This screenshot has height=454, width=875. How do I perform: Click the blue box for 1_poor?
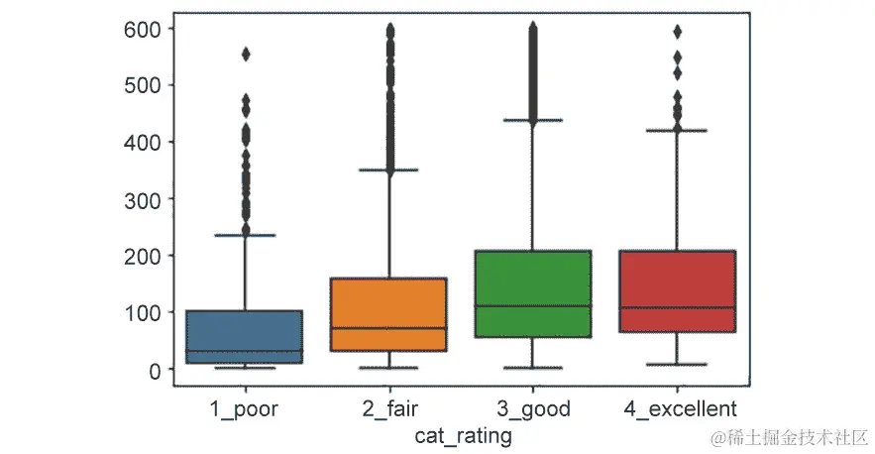pyautogui.click(x=245, y=337)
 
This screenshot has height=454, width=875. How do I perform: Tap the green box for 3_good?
pyautogui.click(x=533, y=293)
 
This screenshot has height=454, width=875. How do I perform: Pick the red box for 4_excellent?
pyautogui.click(x=678, y=291)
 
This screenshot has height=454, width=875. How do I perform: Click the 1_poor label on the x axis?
pyautogui.click(x=245, y=408)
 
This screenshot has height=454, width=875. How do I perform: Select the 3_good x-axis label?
pyautogui.click(x=533, y=408)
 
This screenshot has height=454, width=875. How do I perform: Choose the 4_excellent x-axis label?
pyautogui.click(x=678, y=408)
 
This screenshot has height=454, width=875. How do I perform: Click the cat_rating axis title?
pyautogui.click(x=463, y=435)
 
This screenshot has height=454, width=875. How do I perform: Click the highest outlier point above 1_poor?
pyautogui.click(x=245, y=55)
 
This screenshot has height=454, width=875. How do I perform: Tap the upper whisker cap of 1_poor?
pyautogui.click(x=245, y=235)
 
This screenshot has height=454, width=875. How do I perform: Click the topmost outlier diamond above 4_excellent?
pyautogui.click(x=678, y=32)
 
